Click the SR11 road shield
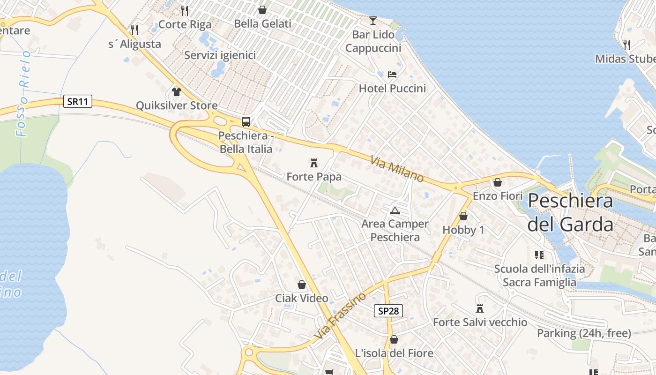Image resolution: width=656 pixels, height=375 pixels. coord(78,101)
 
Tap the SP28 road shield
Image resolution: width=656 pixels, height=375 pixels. coord(388,310)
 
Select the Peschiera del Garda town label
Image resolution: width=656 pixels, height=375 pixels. coord(570,212)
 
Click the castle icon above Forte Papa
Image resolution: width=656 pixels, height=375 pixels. coord(314,163)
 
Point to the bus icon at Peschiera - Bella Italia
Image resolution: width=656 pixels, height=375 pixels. coord(246,122)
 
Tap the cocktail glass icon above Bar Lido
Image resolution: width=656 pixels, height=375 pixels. coord(373,20)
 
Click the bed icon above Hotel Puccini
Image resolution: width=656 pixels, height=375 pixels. coord(392,74)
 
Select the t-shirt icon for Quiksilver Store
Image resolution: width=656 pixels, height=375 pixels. coord(177,91)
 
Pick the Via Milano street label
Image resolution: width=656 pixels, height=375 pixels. coord(397,169)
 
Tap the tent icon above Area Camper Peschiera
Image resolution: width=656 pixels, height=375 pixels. coord(395,210)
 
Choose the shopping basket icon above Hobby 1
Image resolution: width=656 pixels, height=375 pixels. coord(463,216)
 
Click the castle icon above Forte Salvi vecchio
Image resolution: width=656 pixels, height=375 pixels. coord(480,308)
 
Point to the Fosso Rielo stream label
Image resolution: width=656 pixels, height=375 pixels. coord(23,93)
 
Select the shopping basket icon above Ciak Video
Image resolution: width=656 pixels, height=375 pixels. coord(302,285)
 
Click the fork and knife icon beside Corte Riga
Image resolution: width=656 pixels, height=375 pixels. coord(185,10)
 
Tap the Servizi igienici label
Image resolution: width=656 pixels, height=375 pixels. coord(220,55)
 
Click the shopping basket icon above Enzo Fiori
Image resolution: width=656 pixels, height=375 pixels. coord(498,182)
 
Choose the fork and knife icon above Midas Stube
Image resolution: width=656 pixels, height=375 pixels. coord(626,45)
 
